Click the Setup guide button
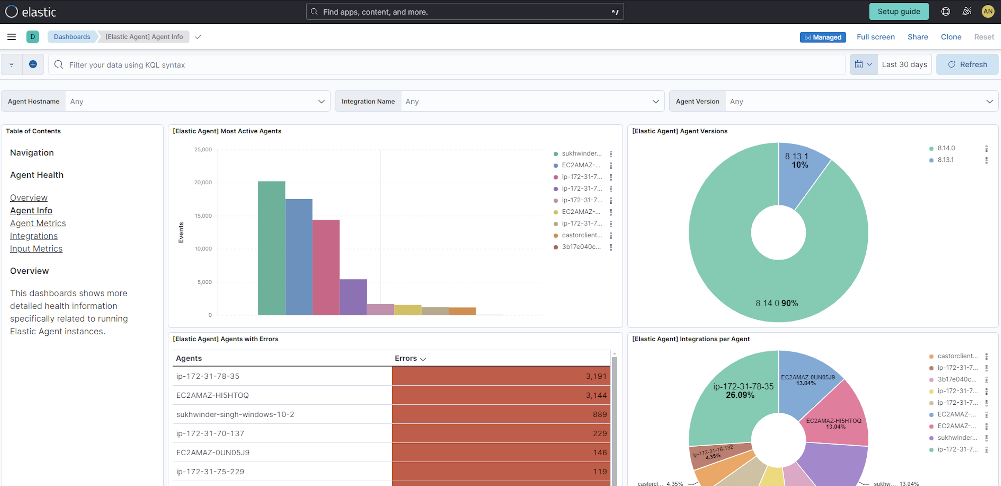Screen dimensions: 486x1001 pyautogui.click(x=898, y=12)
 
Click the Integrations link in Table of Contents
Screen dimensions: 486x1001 pyautogui.click(x=34, y=236)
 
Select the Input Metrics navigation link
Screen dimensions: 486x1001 pyautogui.click(x=36, y=249)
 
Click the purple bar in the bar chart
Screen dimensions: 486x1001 pyautogui.click(x=353, y=297)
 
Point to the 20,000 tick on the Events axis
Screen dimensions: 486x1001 pyautogui.click(x=203, y=182)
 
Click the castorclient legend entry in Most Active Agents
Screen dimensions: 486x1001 pyautogui.click(x=581, y=235)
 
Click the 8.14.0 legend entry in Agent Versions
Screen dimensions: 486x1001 pyautogui.click(x=946, y=148)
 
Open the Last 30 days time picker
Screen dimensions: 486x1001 pyautogui.click(x=904, y=64)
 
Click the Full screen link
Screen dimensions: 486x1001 pyautogui.click(x=876, y=37)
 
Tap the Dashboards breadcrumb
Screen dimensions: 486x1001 pyautogui.click(x=72, y=37)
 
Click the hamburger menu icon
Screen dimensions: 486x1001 pyautogui.click(x=12, y=37)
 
